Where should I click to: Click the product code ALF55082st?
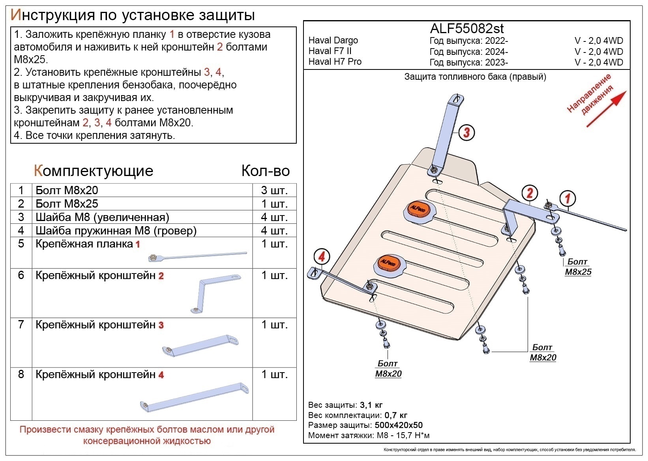tap(466, 28)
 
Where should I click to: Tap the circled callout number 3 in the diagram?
tap(466, 132)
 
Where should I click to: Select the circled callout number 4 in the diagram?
tap(322, 257)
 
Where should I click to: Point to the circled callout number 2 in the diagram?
tap(530, 193)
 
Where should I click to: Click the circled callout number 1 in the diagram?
tap(567, 198)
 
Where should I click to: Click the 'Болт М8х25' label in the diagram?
tap(578, 267)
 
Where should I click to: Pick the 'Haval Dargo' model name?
tap(333, 40)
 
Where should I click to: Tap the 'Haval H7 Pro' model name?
tap(335, 62)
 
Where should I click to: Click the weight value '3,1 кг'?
tap(371, 405)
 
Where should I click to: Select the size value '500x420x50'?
tap(399, 425)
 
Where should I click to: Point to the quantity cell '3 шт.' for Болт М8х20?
tap(274, 190)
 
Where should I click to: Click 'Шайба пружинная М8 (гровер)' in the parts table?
tap(116, 230)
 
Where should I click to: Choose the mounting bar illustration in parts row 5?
tap(197, 256)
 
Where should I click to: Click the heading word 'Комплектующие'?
tap(94, 171)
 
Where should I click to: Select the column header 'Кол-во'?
tap(266, 171)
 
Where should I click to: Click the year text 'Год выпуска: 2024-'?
tap(468, 51)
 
